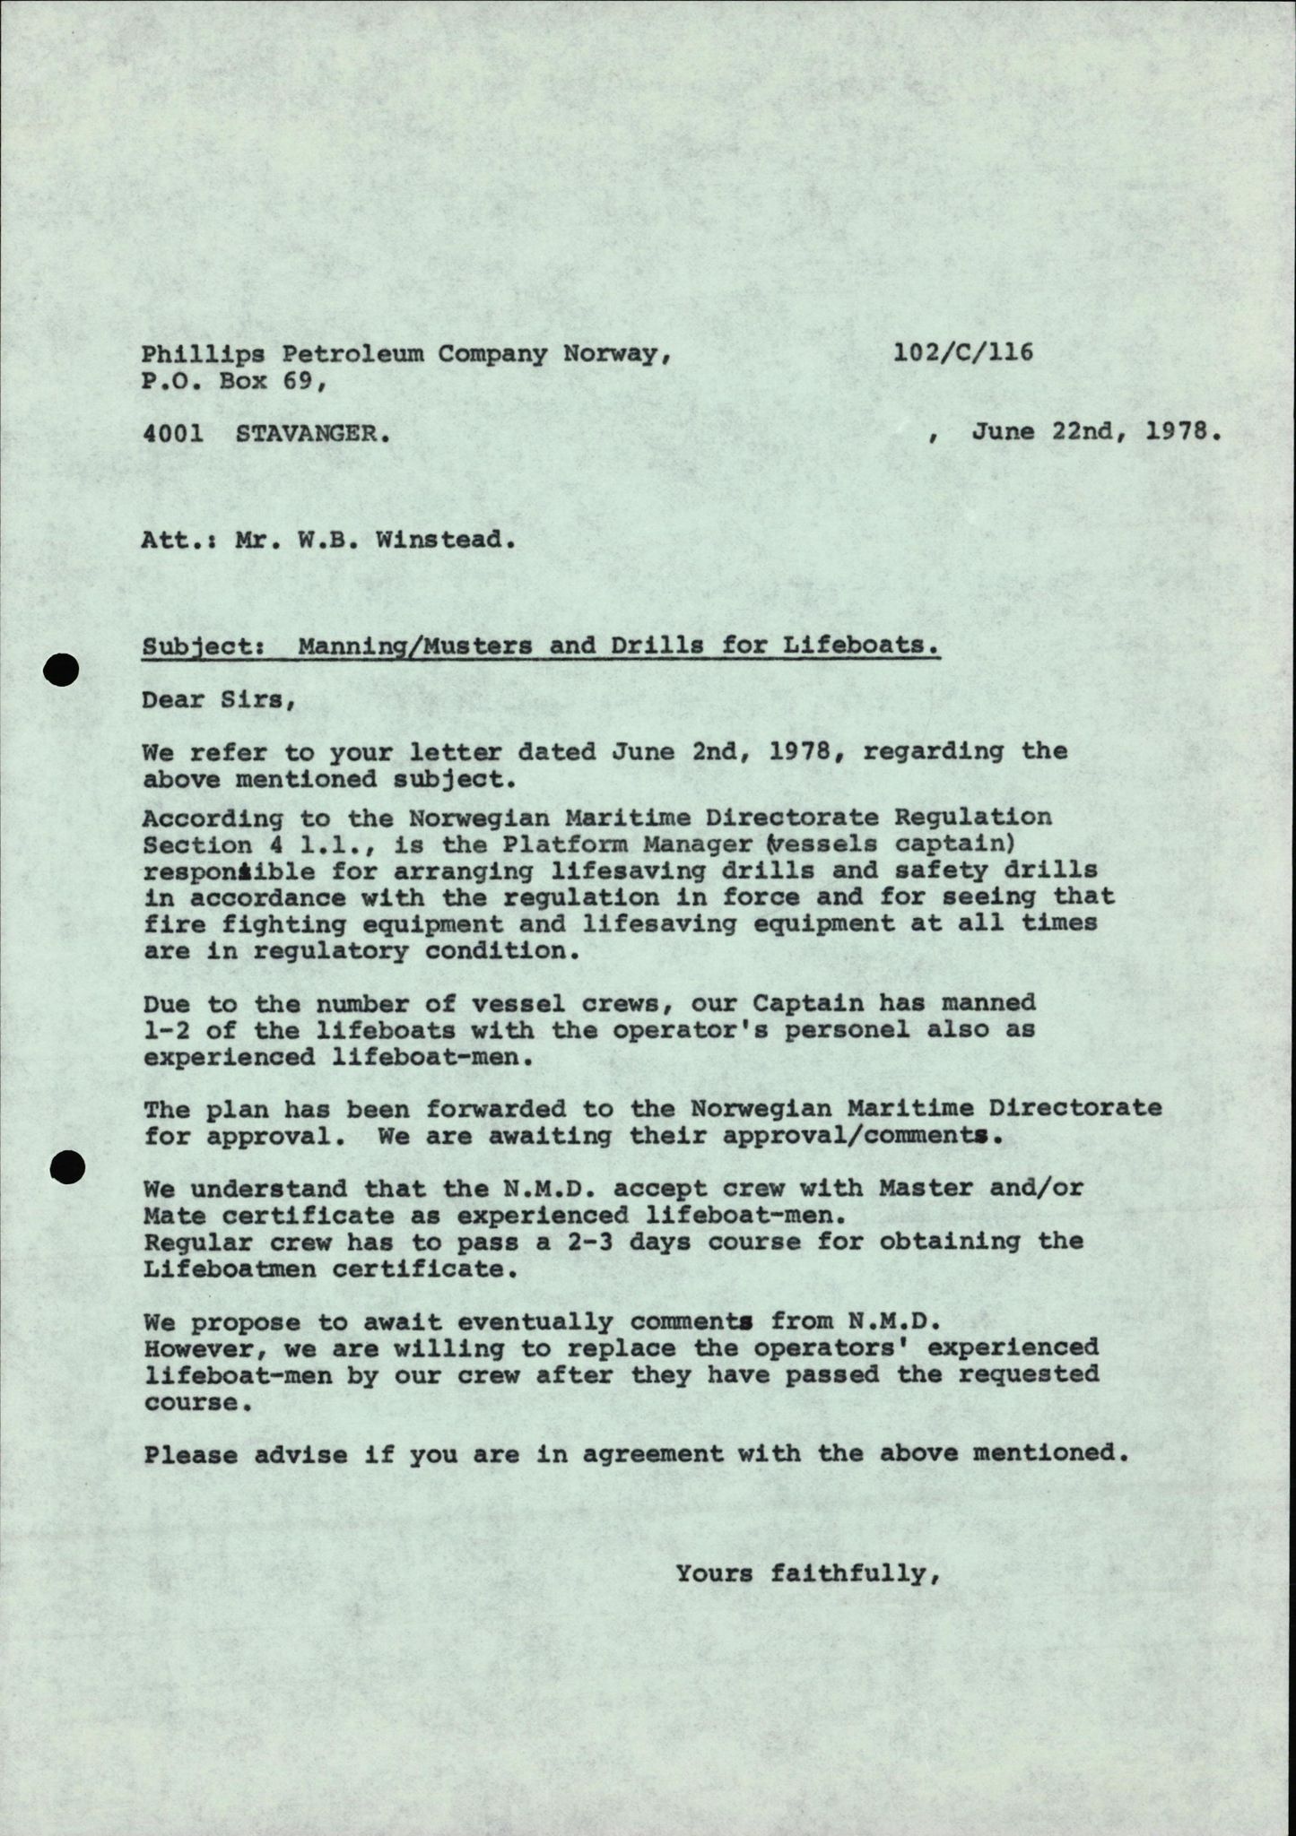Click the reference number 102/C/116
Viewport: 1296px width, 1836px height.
pyautogui.click(x=962, y=351)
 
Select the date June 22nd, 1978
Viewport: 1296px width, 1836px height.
pyautogui.click(x=1095, y=432)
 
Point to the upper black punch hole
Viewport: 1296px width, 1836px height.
pyautogui.click(x=65, y=670)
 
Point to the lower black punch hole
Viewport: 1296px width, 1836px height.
pyautogui.click(x=68, y=1166)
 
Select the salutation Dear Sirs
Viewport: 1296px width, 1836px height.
pyautogui.click(x=219, y=699)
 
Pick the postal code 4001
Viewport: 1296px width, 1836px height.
pyautogui.click(x=172, y=434)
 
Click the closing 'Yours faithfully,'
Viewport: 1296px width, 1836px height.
pyautogui.click(x=807, y=1572)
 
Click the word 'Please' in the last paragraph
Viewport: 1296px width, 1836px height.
pyautogui.click(x=190, y=1453)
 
